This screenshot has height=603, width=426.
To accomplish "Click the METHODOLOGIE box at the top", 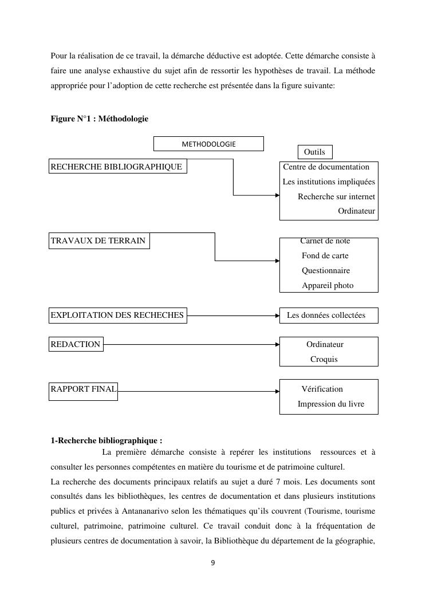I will point(208,144).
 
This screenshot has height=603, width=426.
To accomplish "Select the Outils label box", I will point(314,152).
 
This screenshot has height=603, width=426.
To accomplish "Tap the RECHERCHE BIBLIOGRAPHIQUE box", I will point(117,167).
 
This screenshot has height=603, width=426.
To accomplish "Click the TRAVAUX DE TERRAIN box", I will point(98,241).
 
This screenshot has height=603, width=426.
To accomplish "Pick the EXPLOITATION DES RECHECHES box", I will point(117,315).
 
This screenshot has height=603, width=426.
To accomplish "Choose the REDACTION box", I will point(76,344).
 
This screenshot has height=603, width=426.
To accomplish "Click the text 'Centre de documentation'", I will point(326,167).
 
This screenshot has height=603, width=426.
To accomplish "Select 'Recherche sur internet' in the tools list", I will point(336,196).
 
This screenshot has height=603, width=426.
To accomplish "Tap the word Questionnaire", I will point(326,270).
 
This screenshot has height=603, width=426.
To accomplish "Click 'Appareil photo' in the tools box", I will point(328,285).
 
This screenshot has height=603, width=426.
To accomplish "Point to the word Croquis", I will point(324,359).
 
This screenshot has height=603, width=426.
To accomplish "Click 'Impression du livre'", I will point(330,404).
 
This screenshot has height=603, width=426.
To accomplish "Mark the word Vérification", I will point(322,389).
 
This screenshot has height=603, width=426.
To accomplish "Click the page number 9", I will point(213,563).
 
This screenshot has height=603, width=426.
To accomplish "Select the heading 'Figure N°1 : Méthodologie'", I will point(99,119).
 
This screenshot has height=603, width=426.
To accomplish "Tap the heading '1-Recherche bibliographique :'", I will point(107,440).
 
